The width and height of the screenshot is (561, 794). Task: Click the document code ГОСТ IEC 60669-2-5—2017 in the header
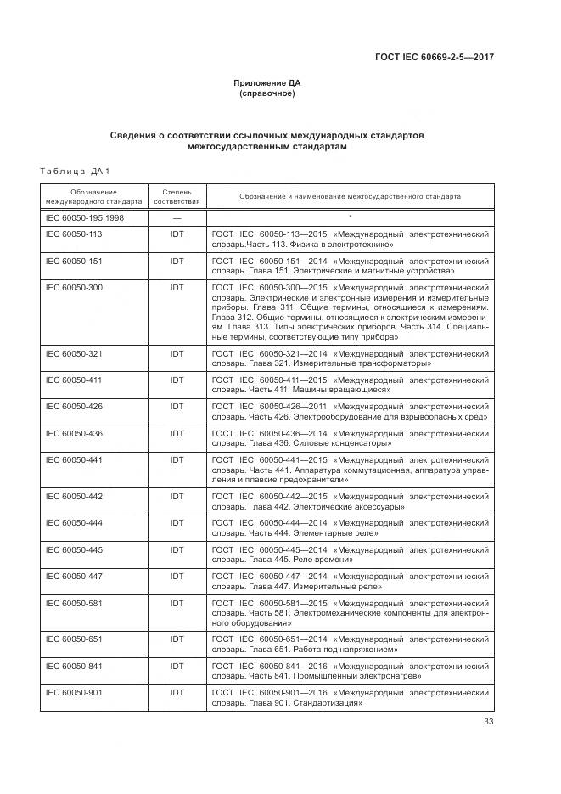pyautogui.click(x=435, y=58)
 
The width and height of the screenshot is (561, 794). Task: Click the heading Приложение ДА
pyautogui.click(x=267, y=83)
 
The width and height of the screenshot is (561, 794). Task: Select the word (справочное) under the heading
pyautogui.click(x=267, y=93)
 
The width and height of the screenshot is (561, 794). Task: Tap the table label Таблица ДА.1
pyautogui.click(x=75, y=173)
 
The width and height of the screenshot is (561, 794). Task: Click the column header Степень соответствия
pyautogui.click(x=177, y=197)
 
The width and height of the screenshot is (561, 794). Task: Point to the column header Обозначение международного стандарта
pyautogui.click(x=93, y=197)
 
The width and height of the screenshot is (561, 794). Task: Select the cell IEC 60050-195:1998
pyautogui.click(x=81, y=217)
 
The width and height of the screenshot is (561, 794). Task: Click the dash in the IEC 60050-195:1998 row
pyautogui.click(x=177, y=217)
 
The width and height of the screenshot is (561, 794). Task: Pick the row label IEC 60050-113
pyautogui.click(x=73, y=234)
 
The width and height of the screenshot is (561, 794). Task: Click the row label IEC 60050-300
pyautogui.click(x=73, y=288)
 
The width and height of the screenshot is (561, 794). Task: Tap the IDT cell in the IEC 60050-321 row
pyautogui.click(x=177, y=352)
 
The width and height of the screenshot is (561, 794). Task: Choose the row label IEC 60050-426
pyautogui.click(x=73, y=407)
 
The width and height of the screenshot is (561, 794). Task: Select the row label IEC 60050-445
pyautogui.click(x=73, y=550)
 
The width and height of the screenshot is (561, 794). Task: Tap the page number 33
pyautogui.click(x=488, y=723)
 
